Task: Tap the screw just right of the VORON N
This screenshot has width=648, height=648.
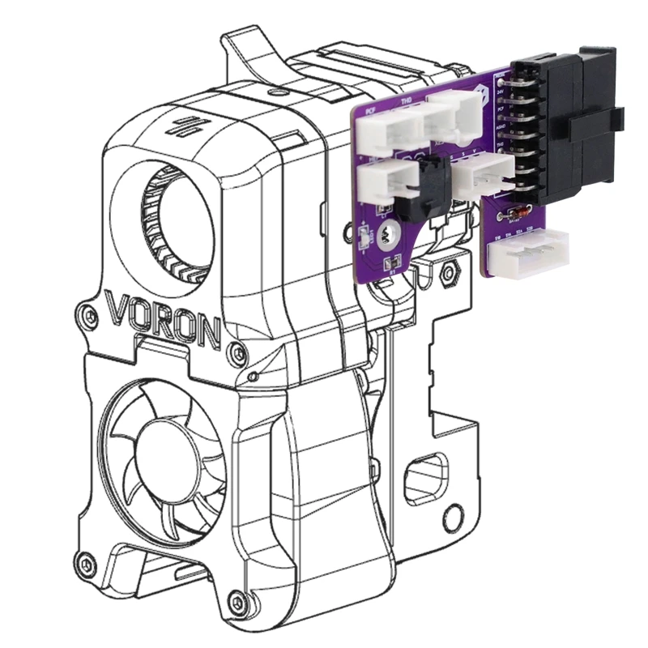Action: pos(236,352)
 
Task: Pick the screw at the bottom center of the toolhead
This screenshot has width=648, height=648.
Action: pos(236,600)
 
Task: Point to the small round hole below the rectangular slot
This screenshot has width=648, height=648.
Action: pos(458,513)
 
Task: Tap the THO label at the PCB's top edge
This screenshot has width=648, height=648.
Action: pos(408,103)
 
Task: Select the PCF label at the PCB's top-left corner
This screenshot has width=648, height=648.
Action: pos(370,109)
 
